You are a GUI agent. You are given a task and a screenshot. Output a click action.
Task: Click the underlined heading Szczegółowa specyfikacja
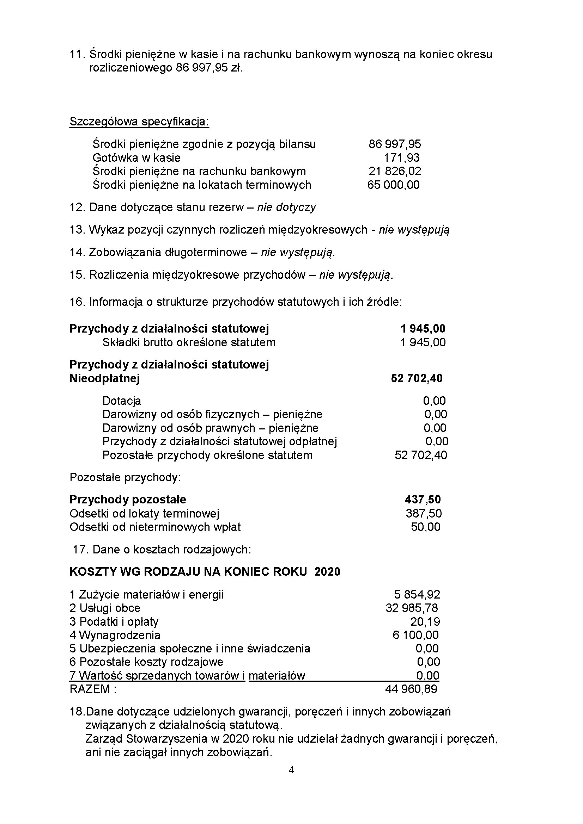(139, 122)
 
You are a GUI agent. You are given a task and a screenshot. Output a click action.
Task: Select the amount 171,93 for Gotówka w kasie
(401, 158)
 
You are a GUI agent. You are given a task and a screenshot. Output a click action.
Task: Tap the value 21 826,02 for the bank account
(394, 171)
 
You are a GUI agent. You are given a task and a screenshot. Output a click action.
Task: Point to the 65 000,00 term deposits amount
(393, 185)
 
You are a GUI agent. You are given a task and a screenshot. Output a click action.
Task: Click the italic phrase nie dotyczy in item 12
(286, 207)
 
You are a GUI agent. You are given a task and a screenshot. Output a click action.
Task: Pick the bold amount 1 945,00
(423, 328)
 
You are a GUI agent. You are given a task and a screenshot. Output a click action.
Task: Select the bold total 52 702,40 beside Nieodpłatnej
(416, 378)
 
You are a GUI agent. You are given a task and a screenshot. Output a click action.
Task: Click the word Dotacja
(121, 401)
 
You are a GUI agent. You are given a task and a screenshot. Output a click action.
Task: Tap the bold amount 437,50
(423, 500)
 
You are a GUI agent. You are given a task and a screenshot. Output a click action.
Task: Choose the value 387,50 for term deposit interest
(423, 514)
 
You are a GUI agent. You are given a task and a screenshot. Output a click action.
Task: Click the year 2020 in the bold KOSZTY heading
(327, 572)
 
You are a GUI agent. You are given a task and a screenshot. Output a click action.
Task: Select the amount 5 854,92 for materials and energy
(417, 595)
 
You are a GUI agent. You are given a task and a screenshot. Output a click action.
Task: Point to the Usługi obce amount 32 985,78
(412, 608)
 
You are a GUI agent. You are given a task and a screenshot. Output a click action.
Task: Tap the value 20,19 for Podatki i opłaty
(425, 621)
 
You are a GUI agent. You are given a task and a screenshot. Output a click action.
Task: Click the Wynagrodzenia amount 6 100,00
(415, 635)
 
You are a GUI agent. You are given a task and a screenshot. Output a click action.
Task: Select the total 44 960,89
(411, 689)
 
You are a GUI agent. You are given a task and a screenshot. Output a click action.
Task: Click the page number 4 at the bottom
(291, 770)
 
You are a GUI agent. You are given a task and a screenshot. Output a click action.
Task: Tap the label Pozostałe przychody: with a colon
(125, 477)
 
